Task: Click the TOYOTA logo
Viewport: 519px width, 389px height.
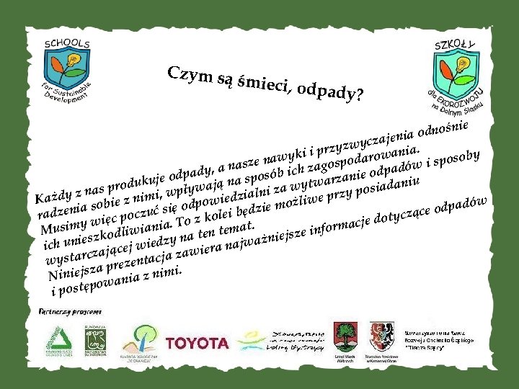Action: point(197,343)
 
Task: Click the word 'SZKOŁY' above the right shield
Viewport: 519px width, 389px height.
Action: point(456,45)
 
